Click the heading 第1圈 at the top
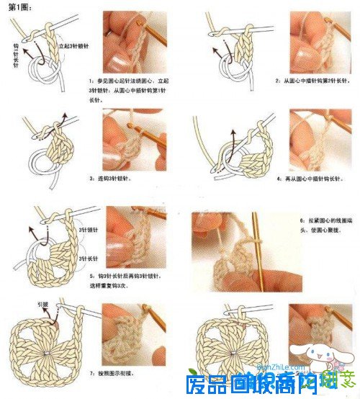click(19, 6)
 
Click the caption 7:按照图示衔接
click(114, 374)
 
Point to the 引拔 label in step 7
click(42, 305)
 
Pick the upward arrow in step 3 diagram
click(63, 119)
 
